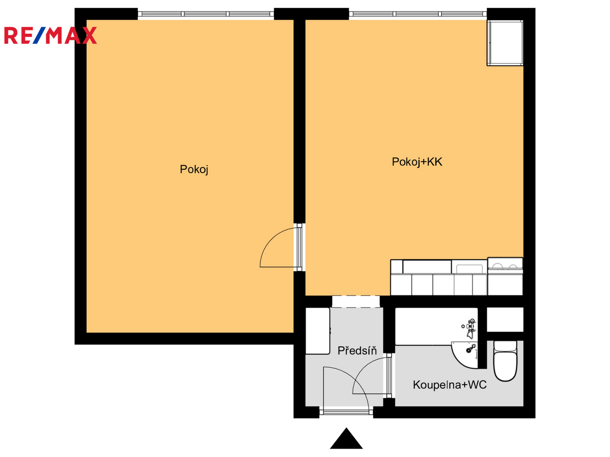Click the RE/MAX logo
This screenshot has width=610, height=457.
[x=50, y=35]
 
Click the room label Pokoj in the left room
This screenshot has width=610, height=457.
[x=194, y=170]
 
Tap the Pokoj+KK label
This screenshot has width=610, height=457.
[x=416, y=162]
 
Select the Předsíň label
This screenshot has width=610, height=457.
[x=357, y=350]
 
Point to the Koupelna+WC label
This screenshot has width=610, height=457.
[x=449, y=385]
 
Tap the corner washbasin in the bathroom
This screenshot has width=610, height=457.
[x=465, y=355]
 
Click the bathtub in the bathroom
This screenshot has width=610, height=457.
[x=436, y=326]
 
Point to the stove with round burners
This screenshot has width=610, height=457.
[x=505, y=266]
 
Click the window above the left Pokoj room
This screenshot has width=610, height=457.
[x=205, y=14]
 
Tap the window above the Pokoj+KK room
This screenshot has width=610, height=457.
[x=418, y=14]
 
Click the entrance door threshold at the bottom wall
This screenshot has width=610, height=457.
[x=346, y=412]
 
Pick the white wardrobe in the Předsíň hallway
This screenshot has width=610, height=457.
[x=318, y=331]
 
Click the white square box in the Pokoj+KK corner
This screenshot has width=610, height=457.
[x=505, y=43]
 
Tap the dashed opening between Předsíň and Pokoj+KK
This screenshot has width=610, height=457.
[x=356, y=301]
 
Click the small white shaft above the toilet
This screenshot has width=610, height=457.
[x=505, y=319]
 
